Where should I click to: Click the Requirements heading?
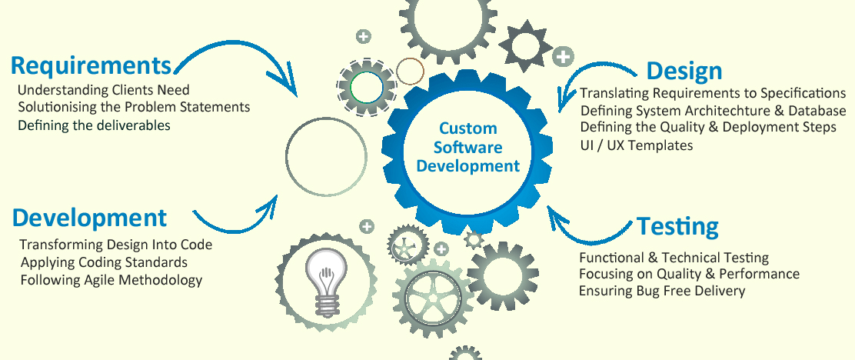pyautogui.click(x=91, y=65)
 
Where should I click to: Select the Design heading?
pyautogui.click(x=684, y=72)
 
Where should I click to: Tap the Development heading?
pyautogui.click(x=89, y=218)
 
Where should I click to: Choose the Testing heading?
pyautogui.click(x=678, y=226)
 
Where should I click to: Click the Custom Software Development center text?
pyautogui.click(x=467, y=147)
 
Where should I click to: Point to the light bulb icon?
pyautogui.click(x=326, y=281)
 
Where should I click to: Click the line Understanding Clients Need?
pyautogui.click(x=103, y=89)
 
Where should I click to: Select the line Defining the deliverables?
pyautogui.click(x=94, y=125)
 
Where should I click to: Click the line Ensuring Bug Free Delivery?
pyautogui.click(x=662, y=291)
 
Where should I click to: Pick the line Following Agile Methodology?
pyautogui.click(x=111, y=281)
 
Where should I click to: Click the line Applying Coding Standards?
pyautogui.click(x=104, y=262)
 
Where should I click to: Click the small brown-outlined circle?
pyautogui.click(x=410, y=72)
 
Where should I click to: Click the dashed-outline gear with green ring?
pyautogui.click(x=366, y=86)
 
